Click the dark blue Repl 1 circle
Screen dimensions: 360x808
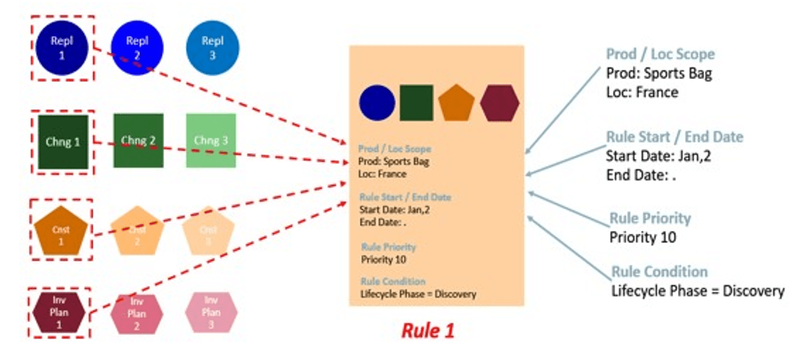click(x=62, y=48)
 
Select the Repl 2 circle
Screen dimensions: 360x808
click(x=137, y=48)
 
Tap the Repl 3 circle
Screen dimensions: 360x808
click(x=212, y=48)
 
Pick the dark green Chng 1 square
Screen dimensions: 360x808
click(x=63, y=142)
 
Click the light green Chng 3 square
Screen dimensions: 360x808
click(x=211, y=140)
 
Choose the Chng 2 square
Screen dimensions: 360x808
click(x=138, y=140)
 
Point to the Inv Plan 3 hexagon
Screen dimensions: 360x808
click(x=211, y=312)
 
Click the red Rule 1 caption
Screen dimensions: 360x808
click(x=428, y=330)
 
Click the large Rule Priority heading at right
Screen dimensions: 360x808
click(x=650, y=218)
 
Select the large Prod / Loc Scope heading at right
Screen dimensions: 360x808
click(x=660, y=54)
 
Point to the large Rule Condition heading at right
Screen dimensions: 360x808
click(x=659, y=272)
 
